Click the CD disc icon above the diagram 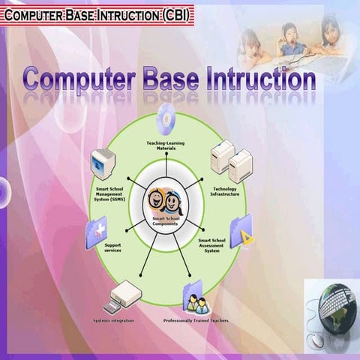pos(166,118)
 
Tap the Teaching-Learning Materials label pos(165,145)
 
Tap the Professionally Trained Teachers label pos(196,320)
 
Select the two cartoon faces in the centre pos(163,202)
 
